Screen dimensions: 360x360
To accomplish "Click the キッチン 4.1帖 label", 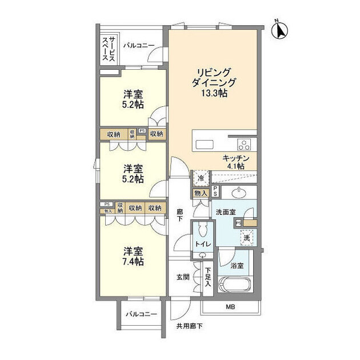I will click(234, 161).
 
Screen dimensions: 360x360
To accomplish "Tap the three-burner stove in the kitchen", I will click(244, 143).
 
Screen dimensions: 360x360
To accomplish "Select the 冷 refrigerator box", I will click(201, 178).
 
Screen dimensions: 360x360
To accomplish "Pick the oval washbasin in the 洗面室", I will click(235, 192).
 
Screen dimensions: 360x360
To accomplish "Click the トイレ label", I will click(202, 245).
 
